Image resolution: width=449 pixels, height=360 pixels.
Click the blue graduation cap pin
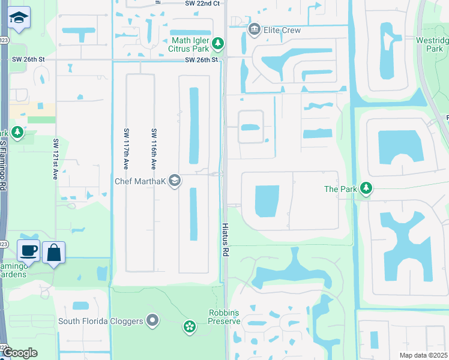point(20,18)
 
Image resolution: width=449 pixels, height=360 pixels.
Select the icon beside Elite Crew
point(254,29)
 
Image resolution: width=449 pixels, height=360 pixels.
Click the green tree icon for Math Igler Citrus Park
point(218,43)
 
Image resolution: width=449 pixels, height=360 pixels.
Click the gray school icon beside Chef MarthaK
point(175,181)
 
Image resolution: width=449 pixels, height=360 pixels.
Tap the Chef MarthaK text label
point(142,181)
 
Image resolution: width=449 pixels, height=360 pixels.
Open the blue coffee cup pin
point(28,251)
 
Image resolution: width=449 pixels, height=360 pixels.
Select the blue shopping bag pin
point(54,253)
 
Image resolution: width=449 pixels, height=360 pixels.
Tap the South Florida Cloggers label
point(101,321)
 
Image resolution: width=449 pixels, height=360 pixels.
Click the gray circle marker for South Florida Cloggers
point(152,321)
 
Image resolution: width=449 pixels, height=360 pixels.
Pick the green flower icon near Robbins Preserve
point(190,326)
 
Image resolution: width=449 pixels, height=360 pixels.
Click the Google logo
point(20,353)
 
